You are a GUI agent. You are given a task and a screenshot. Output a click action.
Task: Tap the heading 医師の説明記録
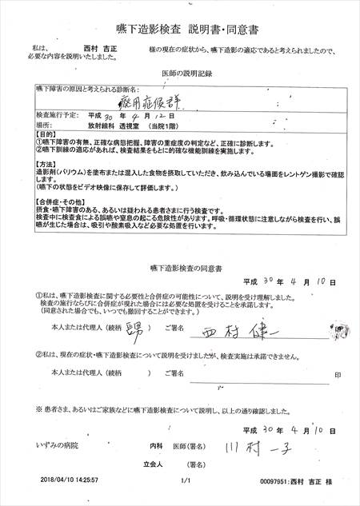point(183,74)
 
